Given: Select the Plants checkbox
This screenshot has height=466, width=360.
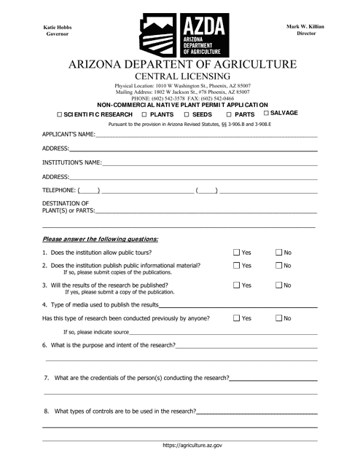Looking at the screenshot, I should (144, 115).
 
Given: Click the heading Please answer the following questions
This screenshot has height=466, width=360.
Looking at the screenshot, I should (100, 238).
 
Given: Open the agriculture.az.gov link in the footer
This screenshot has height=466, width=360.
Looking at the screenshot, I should (192, 443).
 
